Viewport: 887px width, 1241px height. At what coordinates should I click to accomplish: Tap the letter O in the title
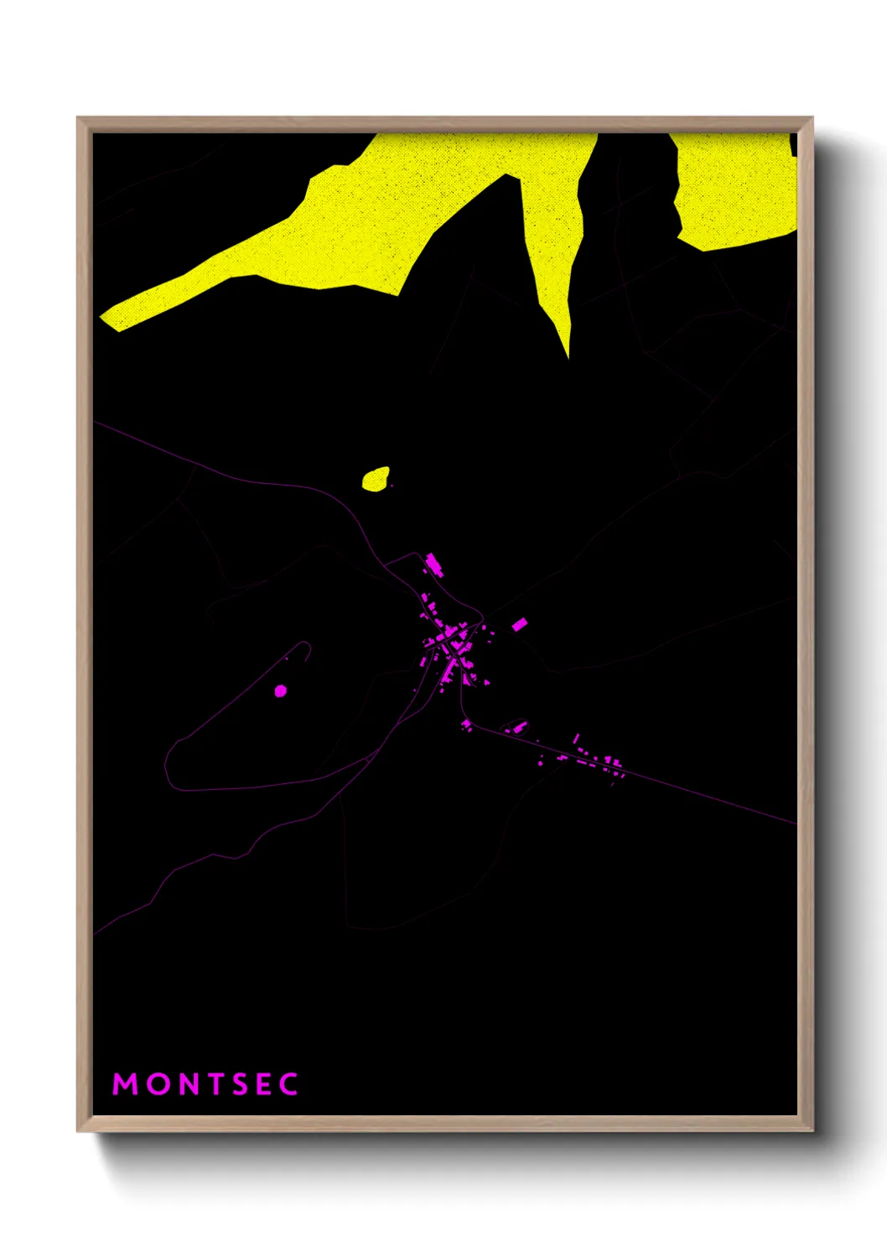pyautogui.click(x=158, y=1084)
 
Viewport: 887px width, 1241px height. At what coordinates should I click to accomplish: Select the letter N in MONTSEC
pyautogui.click(x=190, y=1084)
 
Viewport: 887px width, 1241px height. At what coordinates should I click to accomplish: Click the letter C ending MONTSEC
pyautogui.click(x=288, y=1084)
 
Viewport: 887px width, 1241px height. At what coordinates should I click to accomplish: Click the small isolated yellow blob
pyautogui.click(x=376, y=479)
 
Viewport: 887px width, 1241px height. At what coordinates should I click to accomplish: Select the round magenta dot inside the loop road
pyautogui.click(x=281, y=691)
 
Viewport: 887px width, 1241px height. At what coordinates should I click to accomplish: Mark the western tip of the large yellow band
pyautogui.click(x=104, y=318)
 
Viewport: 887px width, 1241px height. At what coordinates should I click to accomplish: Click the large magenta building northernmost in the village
pyautogui.click(x=433, y=563)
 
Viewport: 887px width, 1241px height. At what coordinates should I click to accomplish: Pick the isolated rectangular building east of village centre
pyautogui.click(x=519, y=624)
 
